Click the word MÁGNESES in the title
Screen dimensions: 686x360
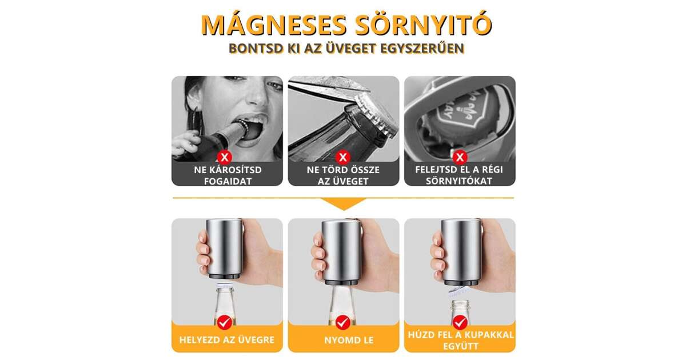point(274,25)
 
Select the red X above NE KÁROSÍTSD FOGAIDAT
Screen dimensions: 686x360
point(225,157)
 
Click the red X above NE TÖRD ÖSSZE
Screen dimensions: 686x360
point(343,157)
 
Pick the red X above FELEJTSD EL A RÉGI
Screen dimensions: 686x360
point(460,157)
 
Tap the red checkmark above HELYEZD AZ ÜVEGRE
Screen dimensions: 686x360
point(225,322)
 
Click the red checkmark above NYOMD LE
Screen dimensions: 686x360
point(343,322)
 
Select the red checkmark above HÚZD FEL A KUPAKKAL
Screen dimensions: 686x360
point(460,322)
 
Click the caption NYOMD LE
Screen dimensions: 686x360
point(349,340)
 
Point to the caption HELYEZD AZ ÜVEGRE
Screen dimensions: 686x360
point(226,340)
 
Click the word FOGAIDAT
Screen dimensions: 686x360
point(228,181)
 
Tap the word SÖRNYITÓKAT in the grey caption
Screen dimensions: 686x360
point(458,181)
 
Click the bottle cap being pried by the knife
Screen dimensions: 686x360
point(374,115)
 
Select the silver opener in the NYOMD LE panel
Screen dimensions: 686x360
point(342,252)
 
